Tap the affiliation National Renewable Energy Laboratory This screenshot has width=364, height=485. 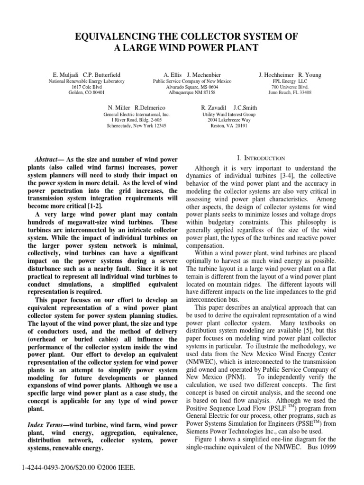87,81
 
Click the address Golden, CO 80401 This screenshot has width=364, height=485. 87,93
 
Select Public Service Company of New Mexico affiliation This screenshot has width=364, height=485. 192,81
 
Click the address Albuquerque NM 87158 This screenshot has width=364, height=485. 192,93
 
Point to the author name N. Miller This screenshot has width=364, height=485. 118,108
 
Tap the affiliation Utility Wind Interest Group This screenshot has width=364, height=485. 229,115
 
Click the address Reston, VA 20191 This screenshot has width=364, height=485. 229,126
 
